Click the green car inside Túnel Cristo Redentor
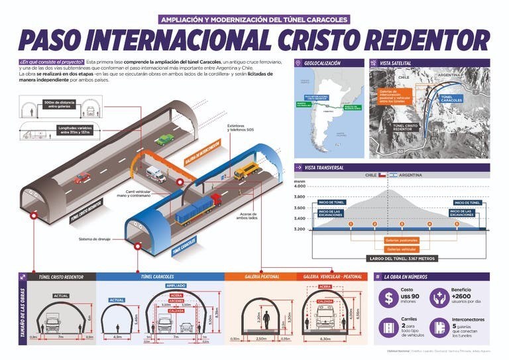[x=165, y=140]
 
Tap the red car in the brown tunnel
[x=82, y=178]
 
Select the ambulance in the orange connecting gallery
[x=156, y=174]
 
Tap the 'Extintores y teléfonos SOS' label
[x=241, y=127]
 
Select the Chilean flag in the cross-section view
[x=381, y=176]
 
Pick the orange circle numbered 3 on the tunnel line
[x=402, y=224]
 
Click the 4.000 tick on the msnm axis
[x=300, y=186]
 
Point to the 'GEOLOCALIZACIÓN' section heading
[x=322, y=63]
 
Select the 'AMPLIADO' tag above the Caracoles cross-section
[x=176, y=286]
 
